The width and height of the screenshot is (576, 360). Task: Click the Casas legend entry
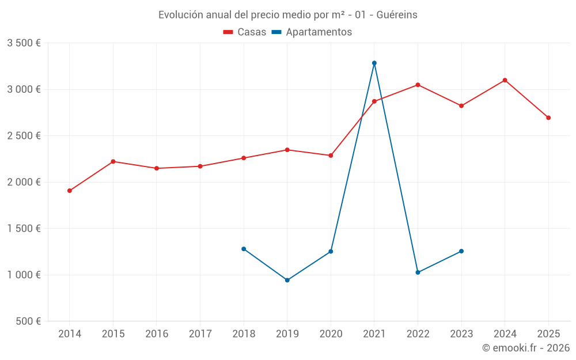click(x=245, y=32)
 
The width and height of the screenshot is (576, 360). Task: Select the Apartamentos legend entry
click(x=312, y=32)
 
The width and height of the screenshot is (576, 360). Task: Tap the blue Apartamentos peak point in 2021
click(x=374, y=63)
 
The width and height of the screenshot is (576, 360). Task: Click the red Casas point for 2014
click(x=70, y=191)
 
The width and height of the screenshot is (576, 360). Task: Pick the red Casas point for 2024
click(x=505, y=80)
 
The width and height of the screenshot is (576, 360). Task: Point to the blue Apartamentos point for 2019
click(x=287, y=281)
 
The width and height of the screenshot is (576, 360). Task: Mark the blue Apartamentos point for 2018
click(x=244, y=249)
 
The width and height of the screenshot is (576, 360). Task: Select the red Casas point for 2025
click(x=548, y=118)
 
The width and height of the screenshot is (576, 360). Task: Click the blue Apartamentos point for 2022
click(x=418, y=272)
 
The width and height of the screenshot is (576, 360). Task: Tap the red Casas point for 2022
click(x=418, y=85)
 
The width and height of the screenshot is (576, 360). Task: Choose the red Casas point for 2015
click(x=113, y=161)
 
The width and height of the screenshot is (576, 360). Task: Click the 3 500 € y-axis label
click(x=24, y=43)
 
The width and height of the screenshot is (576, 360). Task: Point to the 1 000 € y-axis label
click(x=24, y=275)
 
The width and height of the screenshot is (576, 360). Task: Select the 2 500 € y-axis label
click(x=24, y=136)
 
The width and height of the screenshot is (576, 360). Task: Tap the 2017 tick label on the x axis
click(x=200, y=334)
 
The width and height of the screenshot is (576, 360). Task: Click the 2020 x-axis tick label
click(x=331, y=334)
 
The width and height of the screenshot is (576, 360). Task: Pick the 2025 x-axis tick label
click(x=548, y=334)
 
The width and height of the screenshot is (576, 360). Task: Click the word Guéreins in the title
click(x=397, y=15)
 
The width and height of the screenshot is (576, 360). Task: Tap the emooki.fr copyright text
click(x=526, y=348)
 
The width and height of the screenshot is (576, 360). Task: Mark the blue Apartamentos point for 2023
click(x=461, y=251)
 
